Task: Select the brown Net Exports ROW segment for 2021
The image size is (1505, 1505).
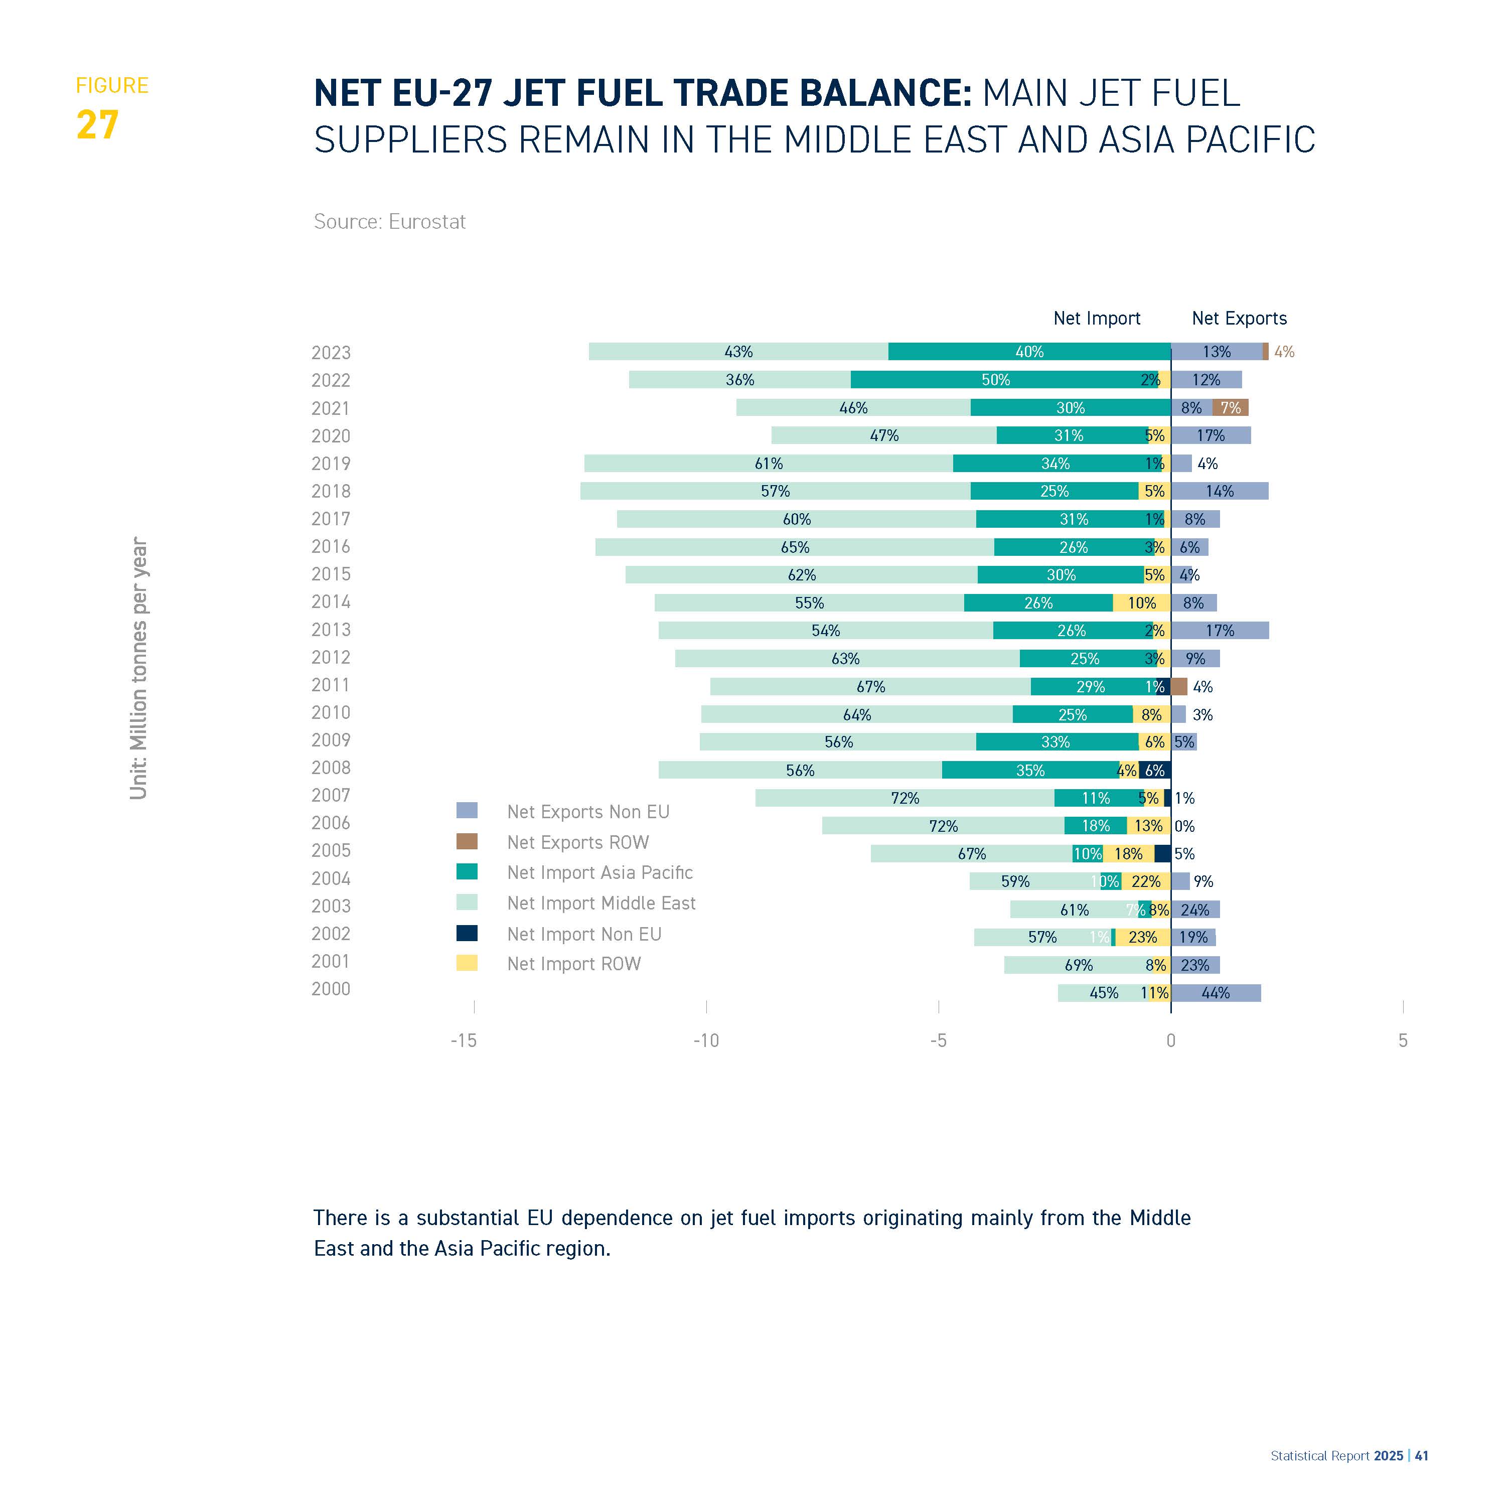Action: coord(1230,407)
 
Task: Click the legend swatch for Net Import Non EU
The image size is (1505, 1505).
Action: coord(467,933)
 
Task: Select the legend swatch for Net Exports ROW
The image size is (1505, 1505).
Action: coord(467,841)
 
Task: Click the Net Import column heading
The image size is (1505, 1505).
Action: coord(1096,318)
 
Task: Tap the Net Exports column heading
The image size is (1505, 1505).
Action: coord(1239,318)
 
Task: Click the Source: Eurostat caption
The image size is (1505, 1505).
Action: coord(389,222)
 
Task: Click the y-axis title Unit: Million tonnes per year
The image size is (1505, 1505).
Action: coord(138,668)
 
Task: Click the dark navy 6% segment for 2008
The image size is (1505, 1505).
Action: coord(1154,771)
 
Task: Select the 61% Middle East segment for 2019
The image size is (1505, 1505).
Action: coord(768,464)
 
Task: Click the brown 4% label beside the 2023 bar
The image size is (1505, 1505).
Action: coord(1284,352)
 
